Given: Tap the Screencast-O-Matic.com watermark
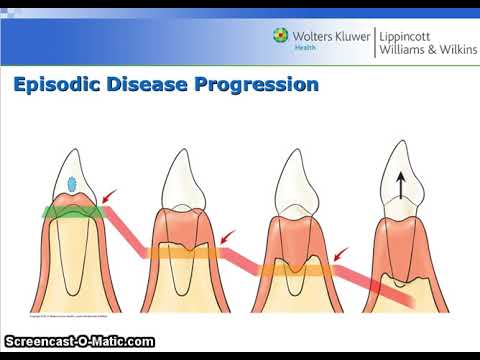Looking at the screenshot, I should pos(79,342).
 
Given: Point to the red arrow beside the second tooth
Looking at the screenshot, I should pos(229,237).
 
